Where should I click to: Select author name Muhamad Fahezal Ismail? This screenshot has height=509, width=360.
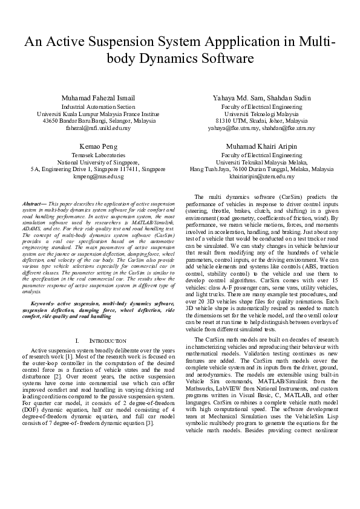point(99,98)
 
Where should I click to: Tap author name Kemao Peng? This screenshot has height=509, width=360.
point(99,147)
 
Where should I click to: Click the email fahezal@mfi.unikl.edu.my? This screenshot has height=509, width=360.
point(99,128)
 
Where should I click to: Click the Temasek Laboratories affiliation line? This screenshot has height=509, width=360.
point(99,155)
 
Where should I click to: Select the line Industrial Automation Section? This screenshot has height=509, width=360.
point(99,106)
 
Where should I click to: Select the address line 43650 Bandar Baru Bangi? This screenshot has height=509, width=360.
point(99,121)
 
